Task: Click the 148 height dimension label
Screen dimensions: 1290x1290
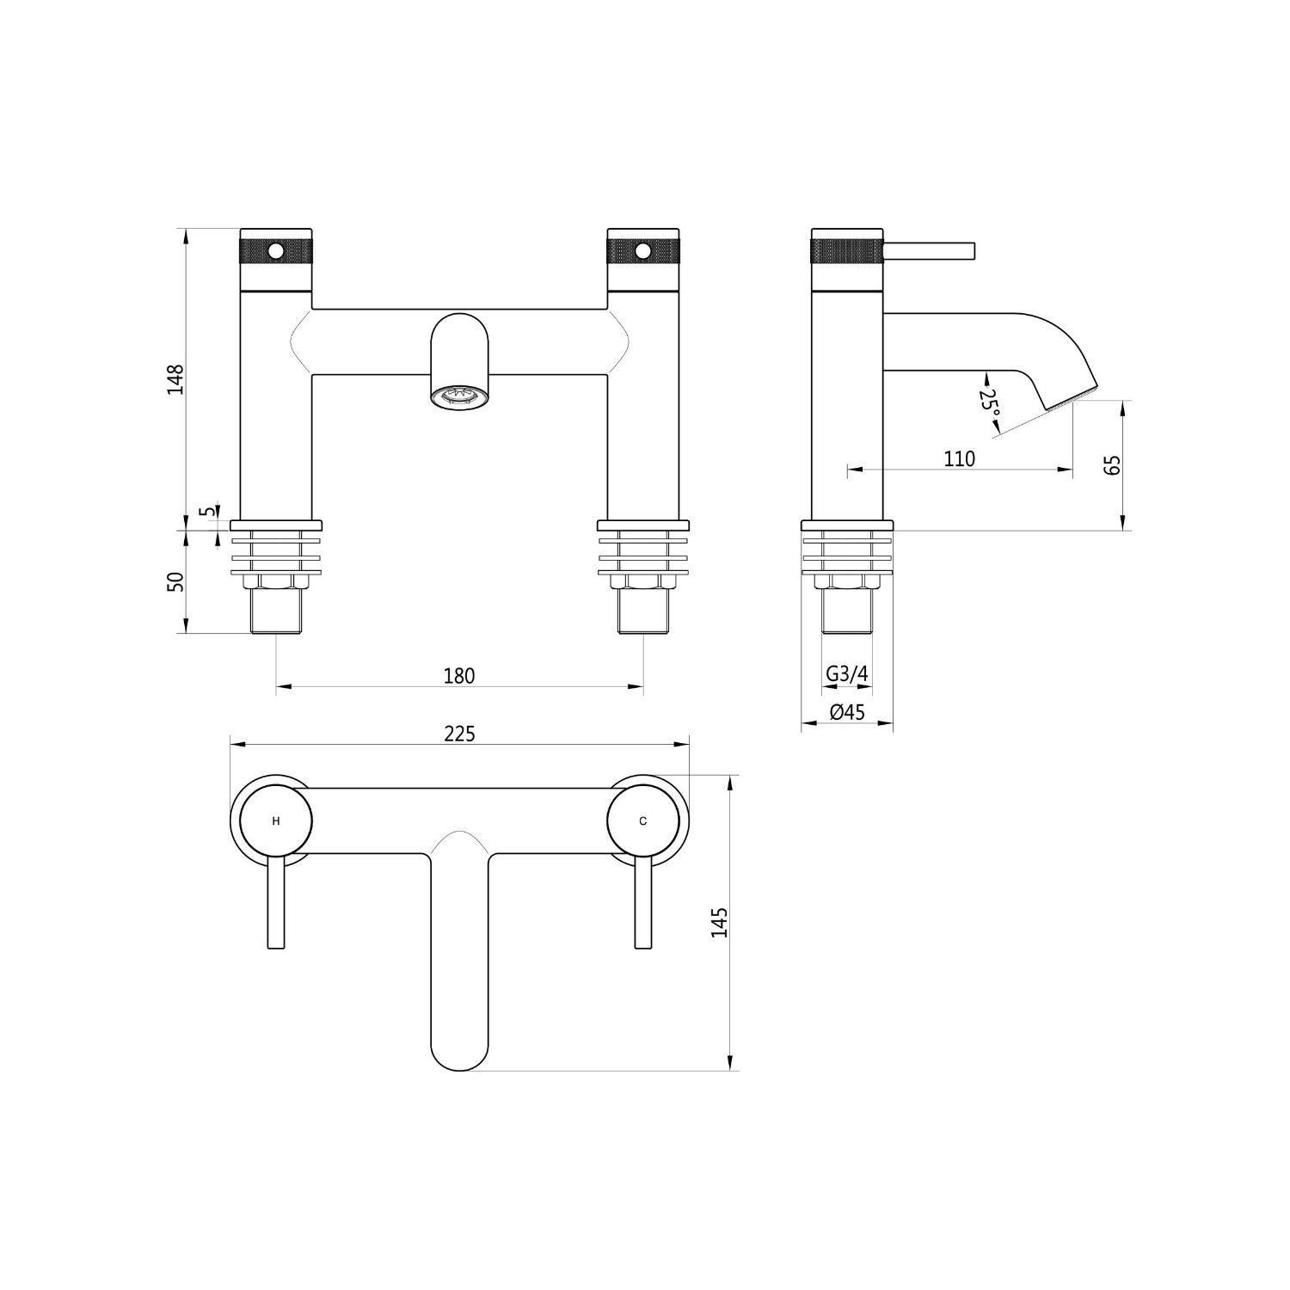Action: coord(176,379)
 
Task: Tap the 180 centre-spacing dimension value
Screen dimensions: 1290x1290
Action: coord(459,676)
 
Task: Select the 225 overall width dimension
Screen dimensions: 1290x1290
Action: coord(459,734)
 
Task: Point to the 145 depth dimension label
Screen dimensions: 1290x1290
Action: coord(720,922)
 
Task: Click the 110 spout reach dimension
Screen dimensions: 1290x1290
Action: coord(960,459)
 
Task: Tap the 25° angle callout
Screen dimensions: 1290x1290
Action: coord(991,401)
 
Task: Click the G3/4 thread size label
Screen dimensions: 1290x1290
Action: coord(847,675)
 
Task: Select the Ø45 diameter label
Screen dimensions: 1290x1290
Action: coord(847,713)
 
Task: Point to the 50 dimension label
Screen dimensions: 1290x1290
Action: coord(176,581)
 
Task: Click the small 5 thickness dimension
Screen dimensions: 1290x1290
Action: coord(206,511)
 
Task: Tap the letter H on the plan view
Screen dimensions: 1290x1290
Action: coord(276,821)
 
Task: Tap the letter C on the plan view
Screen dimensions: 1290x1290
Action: coord(643,821)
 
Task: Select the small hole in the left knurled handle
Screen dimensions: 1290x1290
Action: coord(276,251)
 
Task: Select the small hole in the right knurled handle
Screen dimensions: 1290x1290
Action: coord(642,251)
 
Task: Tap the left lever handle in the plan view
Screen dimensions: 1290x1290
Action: coord(276,901)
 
